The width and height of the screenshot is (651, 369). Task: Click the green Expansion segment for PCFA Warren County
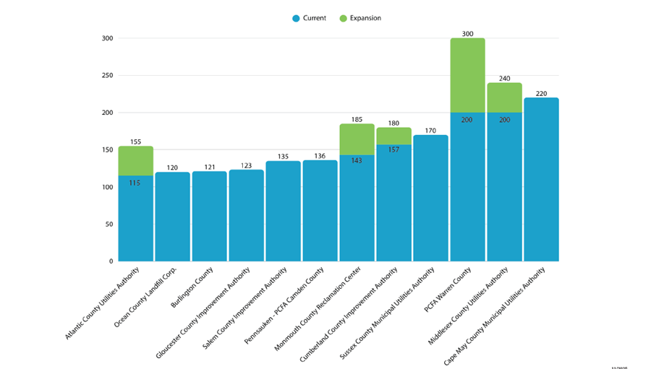467,75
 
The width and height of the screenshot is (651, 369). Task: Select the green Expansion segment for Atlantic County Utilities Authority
135,160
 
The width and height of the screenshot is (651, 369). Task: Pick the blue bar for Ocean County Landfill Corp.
172,217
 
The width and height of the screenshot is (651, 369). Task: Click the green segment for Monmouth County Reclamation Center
357,139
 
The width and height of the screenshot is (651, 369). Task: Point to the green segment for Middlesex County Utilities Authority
504,97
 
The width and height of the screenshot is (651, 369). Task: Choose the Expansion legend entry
359,18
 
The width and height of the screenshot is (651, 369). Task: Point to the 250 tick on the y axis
107,75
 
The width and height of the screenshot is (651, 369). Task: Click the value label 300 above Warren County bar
467,33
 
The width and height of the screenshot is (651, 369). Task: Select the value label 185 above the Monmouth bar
357,119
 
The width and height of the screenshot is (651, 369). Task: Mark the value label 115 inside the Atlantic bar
135,183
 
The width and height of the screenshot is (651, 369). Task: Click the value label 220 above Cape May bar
541,93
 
